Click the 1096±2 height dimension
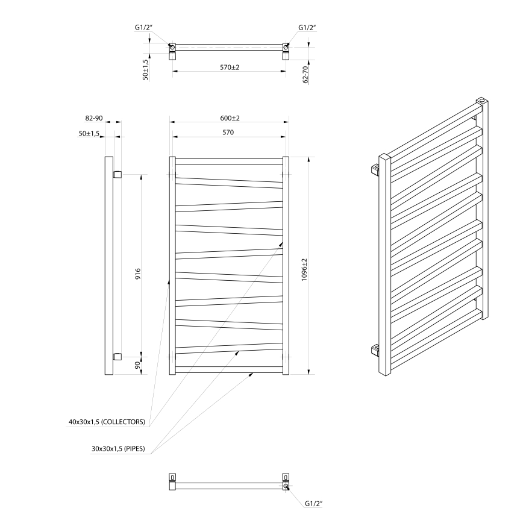coord(305,265)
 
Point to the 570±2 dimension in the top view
coord(230,67)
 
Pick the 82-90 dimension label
coord(93,119)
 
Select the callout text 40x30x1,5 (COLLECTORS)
coord(107,422)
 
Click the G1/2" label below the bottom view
coord(315,503)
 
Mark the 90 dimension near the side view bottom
coord(137,365)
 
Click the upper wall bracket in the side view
coord(117,175)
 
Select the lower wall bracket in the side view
coord(117,355)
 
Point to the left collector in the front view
coord(172,265)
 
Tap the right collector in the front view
coord(286,265)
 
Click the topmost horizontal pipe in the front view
coord(229,161)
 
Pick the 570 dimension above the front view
coord(230,132)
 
